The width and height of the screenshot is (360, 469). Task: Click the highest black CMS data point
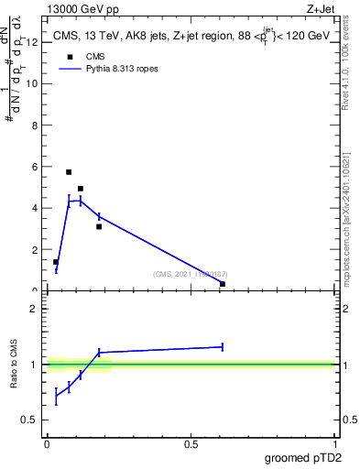tap(69, 171)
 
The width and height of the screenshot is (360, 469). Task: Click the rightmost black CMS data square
tap(223, 284)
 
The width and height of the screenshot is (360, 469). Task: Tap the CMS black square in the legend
tap(69, 57)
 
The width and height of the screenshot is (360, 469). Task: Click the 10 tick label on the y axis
tap(34, 83)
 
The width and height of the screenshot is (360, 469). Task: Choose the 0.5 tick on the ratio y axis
tap(33, 420)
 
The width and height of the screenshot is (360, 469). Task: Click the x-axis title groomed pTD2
tap(305, 457)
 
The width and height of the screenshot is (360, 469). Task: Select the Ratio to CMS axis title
tap(14, 365)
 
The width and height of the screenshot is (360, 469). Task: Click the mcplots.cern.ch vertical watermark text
tap(349, 229)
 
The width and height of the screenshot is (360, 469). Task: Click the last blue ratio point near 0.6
tap(223, 346)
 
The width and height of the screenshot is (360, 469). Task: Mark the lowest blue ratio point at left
tap(56, 397)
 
